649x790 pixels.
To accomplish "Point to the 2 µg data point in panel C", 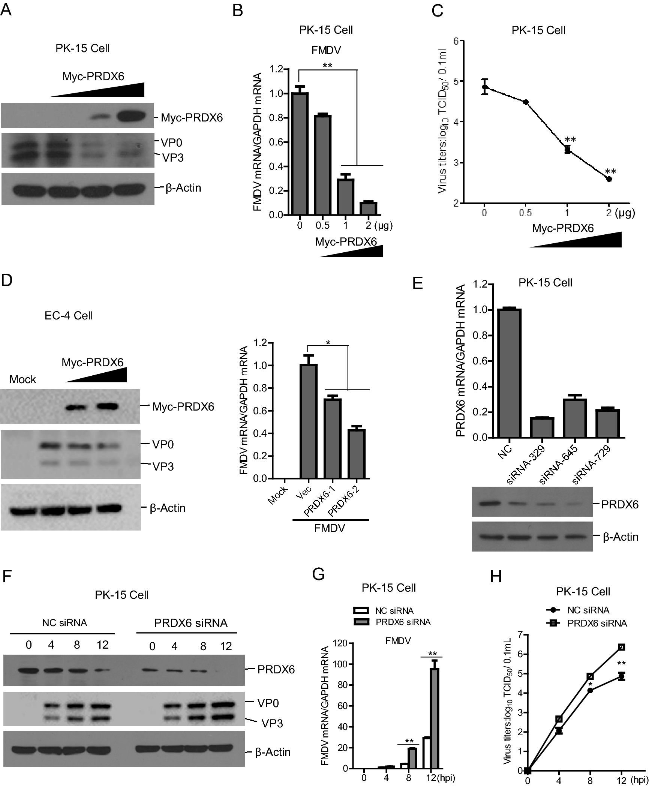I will pyautogui.click(x=609, y=179).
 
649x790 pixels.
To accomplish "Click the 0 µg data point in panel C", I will pyautogui.click(x=485, y=87).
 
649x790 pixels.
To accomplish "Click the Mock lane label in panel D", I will pyautogui.click(x=22, y=379).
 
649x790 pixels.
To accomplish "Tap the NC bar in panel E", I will pyautogui.click(x=509, y=373).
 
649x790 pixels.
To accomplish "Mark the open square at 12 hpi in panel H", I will pyautogui.click(x=621, y=647).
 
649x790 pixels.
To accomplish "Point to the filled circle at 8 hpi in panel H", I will pyautogui.click(x=590, y=690).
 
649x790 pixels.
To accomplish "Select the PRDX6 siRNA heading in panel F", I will pyautogui.click(x=190, y=623).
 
